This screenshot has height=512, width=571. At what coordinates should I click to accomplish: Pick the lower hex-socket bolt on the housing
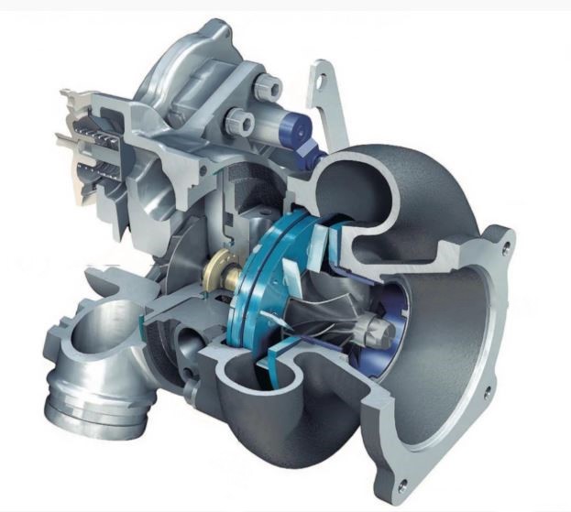(x=236, y=120)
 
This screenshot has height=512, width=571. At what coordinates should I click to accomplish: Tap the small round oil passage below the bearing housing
(x=194, y=333)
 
